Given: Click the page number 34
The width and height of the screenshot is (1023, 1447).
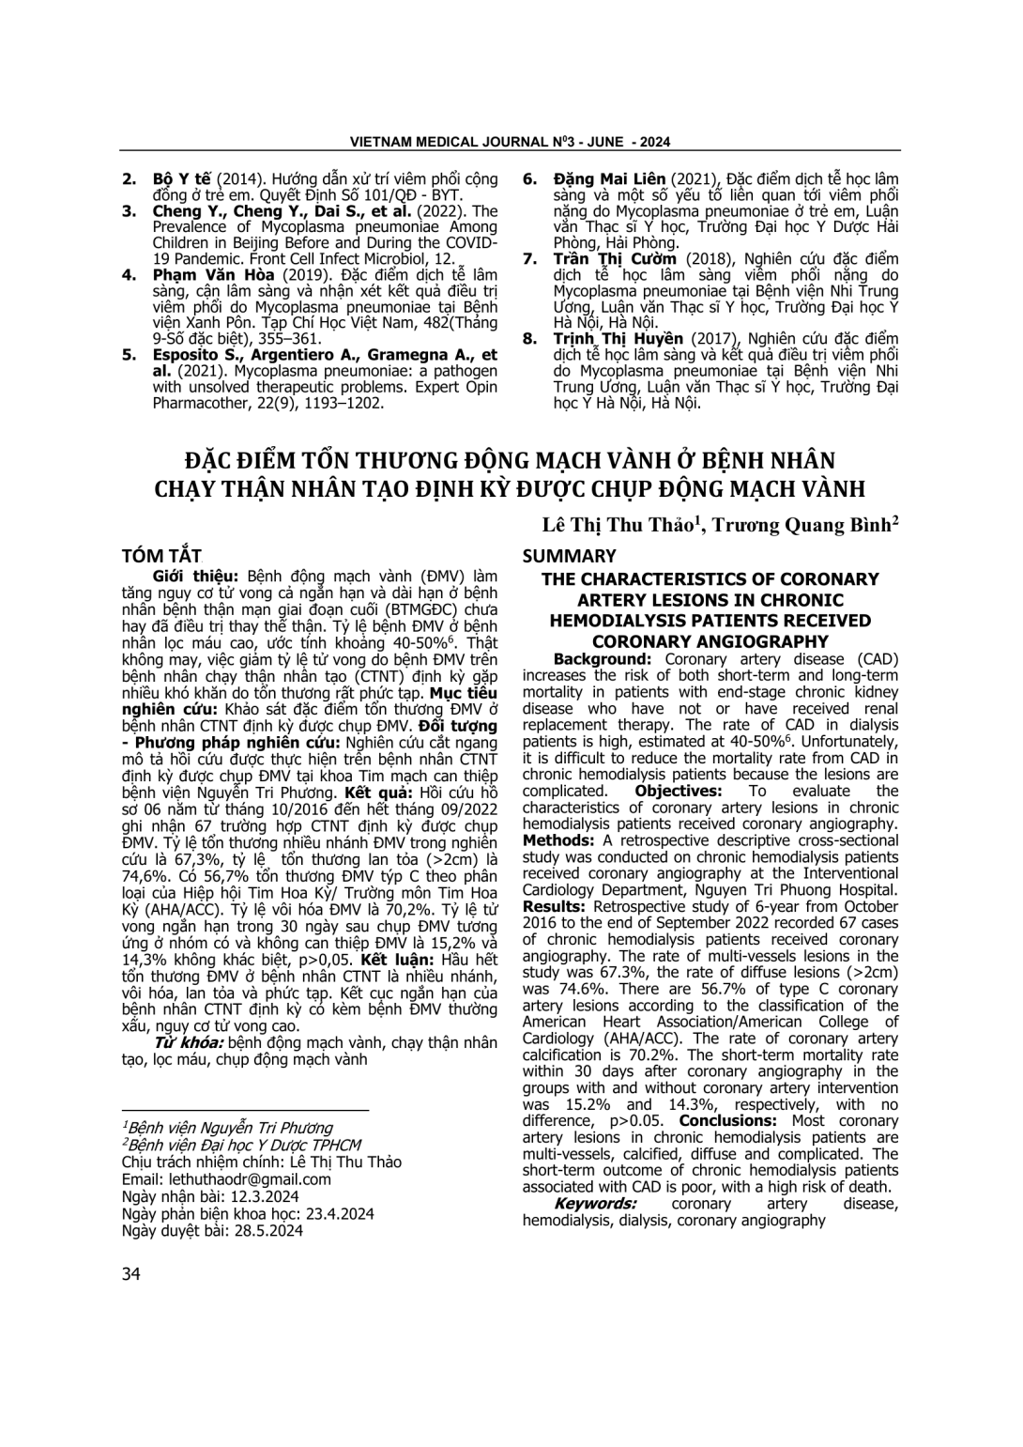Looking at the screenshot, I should coord(131,1273).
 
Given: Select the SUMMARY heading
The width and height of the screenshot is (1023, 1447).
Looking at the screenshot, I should coord(569,556).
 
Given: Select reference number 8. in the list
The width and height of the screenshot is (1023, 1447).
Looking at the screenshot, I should coord(530,338).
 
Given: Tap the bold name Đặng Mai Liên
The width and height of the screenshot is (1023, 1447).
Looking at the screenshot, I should coord(609,178).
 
